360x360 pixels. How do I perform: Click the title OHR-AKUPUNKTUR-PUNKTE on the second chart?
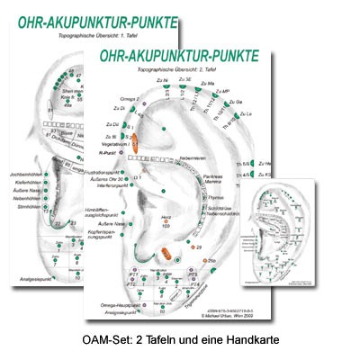tap(180, 55)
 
